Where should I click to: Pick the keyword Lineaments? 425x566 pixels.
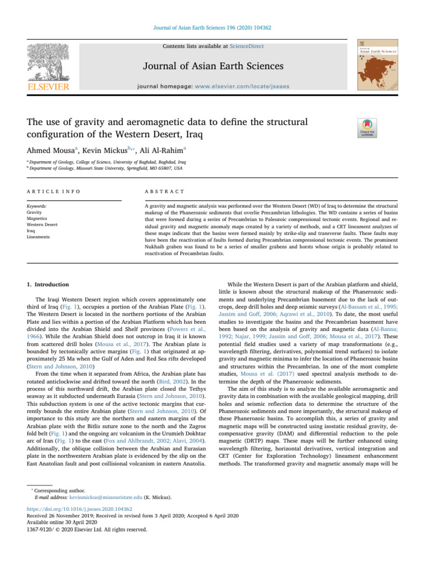tap(38, 237)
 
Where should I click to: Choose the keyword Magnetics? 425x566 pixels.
tap(37, 218)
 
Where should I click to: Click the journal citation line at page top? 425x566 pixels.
tap(212, 27)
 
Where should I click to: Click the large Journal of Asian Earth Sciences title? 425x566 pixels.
tap(213, 66)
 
